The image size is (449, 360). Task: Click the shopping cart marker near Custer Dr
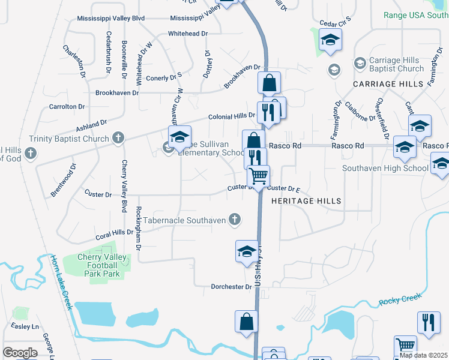(259, 177)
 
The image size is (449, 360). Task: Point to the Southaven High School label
(385, 169)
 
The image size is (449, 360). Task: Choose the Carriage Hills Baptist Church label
(397, 65)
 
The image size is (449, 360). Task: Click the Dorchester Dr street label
(231, 287)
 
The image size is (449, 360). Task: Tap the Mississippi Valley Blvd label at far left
(111, 19)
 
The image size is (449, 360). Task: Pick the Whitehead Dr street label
(188, 34)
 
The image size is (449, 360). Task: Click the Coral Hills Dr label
(114, 232)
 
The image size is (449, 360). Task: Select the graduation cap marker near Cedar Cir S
(330, 41)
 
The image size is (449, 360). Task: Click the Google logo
(20, 353)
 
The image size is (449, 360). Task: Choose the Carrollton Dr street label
(67, 106)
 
